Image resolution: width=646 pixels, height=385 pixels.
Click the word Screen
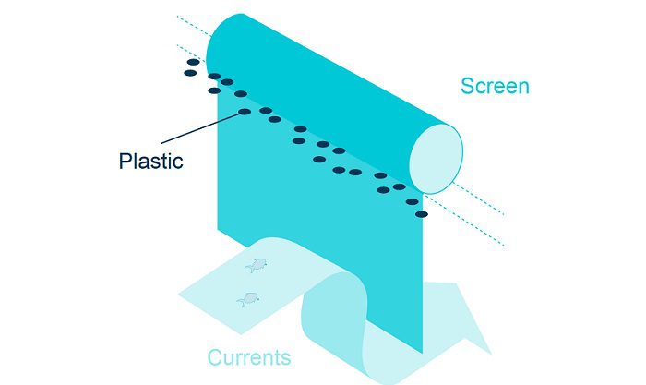(x=495, y=87)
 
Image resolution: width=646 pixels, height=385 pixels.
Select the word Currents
(x=248, y=357)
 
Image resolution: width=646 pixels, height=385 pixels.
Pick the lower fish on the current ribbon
(x=247, y=298)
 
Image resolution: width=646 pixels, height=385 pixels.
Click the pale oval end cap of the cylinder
(x=436, y=156)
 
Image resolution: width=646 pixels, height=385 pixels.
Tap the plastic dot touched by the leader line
(x=245, y=112)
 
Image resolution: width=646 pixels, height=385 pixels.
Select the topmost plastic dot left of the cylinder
(x=194, y=62)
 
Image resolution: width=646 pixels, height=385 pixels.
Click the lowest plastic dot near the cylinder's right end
(x=422, y=214)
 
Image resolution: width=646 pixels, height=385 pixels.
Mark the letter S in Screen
(x=467, y=87)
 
